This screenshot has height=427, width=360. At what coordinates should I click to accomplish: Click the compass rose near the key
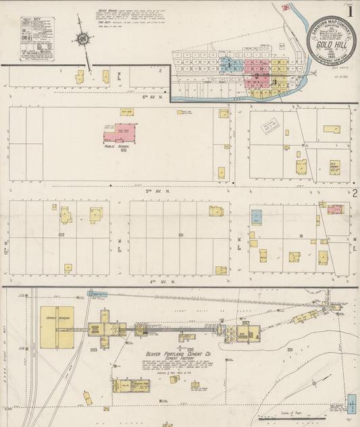[83, 39]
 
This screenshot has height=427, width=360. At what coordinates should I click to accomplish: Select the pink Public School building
[120, 132]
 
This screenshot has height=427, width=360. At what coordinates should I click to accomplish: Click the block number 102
[61, 235]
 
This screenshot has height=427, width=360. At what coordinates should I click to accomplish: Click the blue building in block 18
[257, 217]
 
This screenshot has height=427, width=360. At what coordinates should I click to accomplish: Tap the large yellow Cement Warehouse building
[57, 328]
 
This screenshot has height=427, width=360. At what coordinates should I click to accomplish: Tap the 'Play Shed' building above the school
[126, 111]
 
